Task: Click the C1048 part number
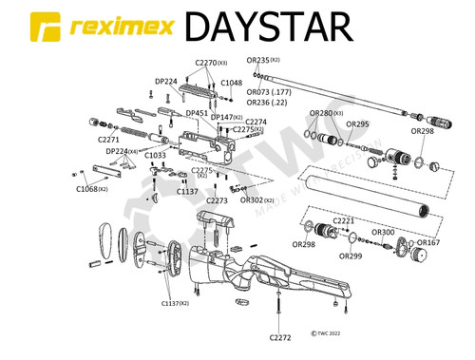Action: click(x=233, y=83)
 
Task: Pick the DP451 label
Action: click(x=197, y=113)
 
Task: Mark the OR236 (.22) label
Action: click(x=267, y=102)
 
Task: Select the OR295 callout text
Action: click(x=357, y=123)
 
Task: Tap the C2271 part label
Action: click(x=109, y=140)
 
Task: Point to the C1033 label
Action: click(x=155, y=155)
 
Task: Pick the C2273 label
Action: click(x=217, y=200)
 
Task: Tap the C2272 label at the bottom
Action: click(x=280, y=337)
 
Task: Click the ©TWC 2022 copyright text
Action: click(x=326, y=334)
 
